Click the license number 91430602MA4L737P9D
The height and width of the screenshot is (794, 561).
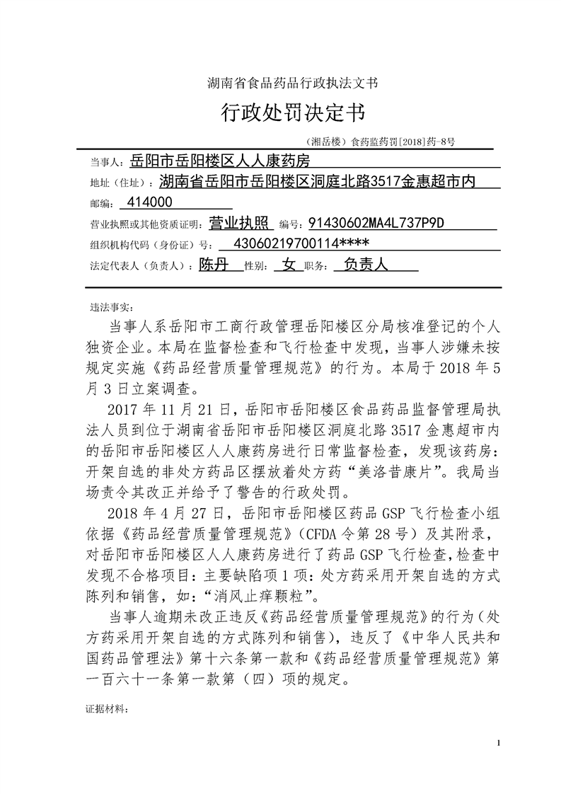tap(376, 224)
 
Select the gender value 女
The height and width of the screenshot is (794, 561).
tap(288, 266)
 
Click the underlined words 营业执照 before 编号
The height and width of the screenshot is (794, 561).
tap(241, 224)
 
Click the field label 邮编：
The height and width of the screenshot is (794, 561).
tap(101, 204)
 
